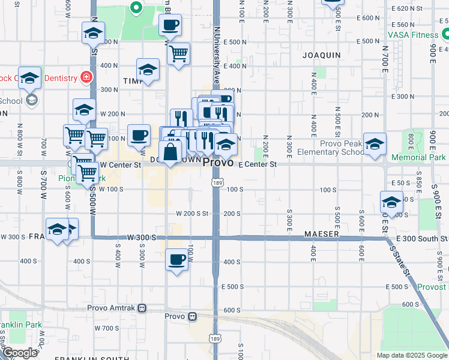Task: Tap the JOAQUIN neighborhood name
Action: pos(323,55)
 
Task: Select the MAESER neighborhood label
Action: pos(322,233)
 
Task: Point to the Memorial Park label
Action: pos(419,158)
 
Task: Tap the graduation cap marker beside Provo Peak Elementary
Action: pos(375,145)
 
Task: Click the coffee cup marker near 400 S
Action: pos(176,260)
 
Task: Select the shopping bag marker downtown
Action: pos(170,152)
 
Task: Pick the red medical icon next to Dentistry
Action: pos(86,77)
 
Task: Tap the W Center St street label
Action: pos(120,164)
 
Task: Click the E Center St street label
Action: pos(258,164)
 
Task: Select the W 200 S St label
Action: pos(191,214)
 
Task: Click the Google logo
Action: pos(20,352)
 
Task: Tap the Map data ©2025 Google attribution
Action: pos(411,355)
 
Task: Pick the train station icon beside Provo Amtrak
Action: pos(142,308)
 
